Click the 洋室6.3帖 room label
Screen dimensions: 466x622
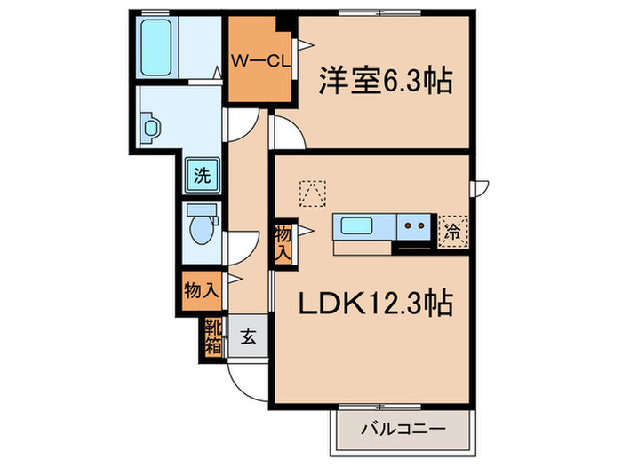pos(386,83)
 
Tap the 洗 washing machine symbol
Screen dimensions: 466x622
pos(202,175)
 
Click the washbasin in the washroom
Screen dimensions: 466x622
pos(151,127)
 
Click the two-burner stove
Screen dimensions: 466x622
pos(414,226)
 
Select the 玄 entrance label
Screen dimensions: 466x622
pos(249,337)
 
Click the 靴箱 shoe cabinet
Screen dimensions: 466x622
pos(212,336)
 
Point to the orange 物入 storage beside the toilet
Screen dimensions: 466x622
pos(200,290)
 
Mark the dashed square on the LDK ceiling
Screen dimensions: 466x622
pos(313,191)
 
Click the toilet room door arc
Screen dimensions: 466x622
pos(240,246)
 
